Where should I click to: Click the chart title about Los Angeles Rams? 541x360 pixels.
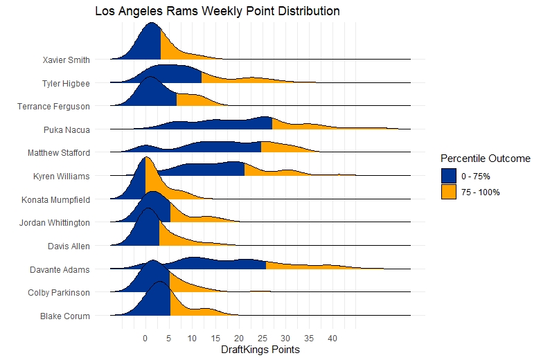click(x=218, y=12)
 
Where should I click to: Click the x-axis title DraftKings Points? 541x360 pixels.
click(x=260, y=350)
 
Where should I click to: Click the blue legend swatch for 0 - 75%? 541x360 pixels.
click(x=449, y=177)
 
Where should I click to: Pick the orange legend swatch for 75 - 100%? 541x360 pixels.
click(x=449, y=192)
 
